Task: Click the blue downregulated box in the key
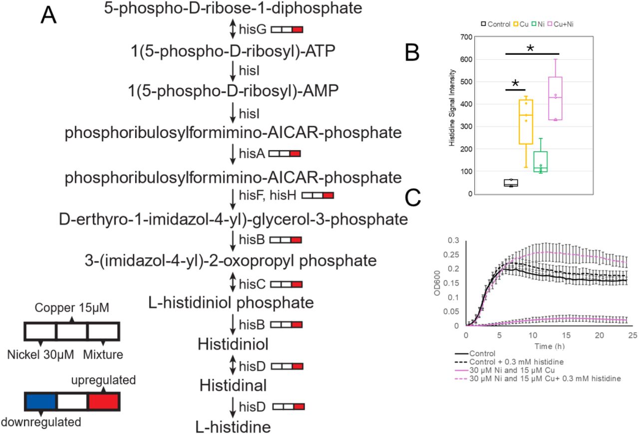tap(40, 402)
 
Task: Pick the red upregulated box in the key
tap(103, 402)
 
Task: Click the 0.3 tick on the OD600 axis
tap(455, 240)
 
